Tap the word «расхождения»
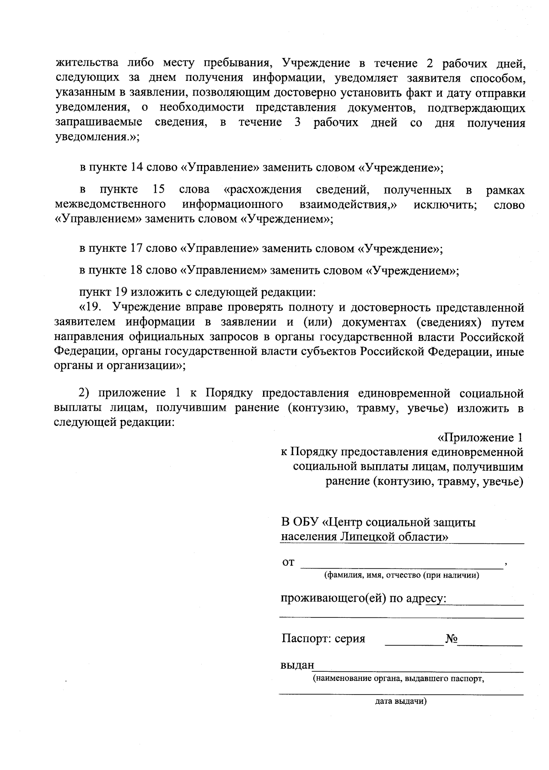click(x=263, y=190)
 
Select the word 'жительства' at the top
click(x=87, y=63)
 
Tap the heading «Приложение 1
click(x=480, y=438)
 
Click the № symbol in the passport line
click(x=452, y=638)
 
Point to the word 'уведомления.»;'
click(x=97, y=137)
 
